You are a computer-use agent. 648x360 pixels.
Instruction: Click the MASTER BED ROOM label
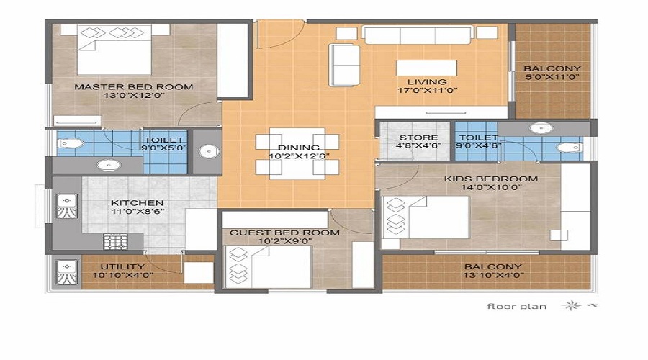(x=133, y=87)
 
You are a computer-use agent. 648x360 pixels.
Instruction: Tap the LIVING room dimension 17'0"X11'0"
(x=427, y=91)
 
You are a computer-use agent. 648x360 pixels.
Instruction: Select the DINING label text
(x=299, y=148)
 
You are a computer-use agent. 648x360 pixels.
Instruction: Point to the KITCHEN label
(x=138, y=203)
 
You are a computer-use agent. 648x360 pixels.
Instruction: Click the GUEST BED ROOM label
(x=284, y=233)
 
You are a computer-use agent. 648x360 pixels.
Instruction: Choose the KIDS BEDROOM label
(x=491, y=179)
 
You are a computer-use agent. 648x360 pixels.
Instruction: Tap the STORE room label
(x=418, y=138)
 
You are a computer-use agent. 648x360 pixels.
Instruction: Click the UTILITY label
(x=122, y=266)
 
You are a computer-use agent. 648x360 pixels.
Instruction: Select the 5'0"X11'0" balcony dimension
(x=552, y=77)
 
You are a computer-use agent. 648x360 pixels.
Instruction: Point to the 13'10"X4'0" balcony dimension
(x=492, y=275)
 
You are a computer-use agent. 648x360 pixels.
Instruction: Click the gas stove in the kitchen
(x=115, y=242)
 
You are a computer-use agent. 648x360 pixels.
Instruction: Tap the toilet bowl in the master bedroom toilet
(x=71, y=144)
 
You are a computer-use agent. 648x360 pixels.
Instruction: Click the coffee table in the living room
(x=426, y=68)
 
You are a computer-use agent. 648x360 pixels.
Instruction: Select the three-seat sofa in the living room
(x=418, y=35)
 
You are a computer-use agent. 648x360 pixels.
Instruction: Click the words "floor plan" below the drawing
(x=516, y=306)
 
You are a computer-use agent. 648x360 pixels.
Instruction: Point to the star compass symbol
(x=571, y=305)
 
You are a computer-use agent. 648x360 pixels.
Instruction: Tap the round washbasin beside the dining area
(x=209, y=151)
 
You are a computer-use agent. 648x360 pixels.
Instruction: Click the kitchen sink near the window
(x=66, y=206)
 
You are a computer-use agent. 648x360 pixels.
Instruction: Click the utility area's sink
(x=66, y=273)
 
